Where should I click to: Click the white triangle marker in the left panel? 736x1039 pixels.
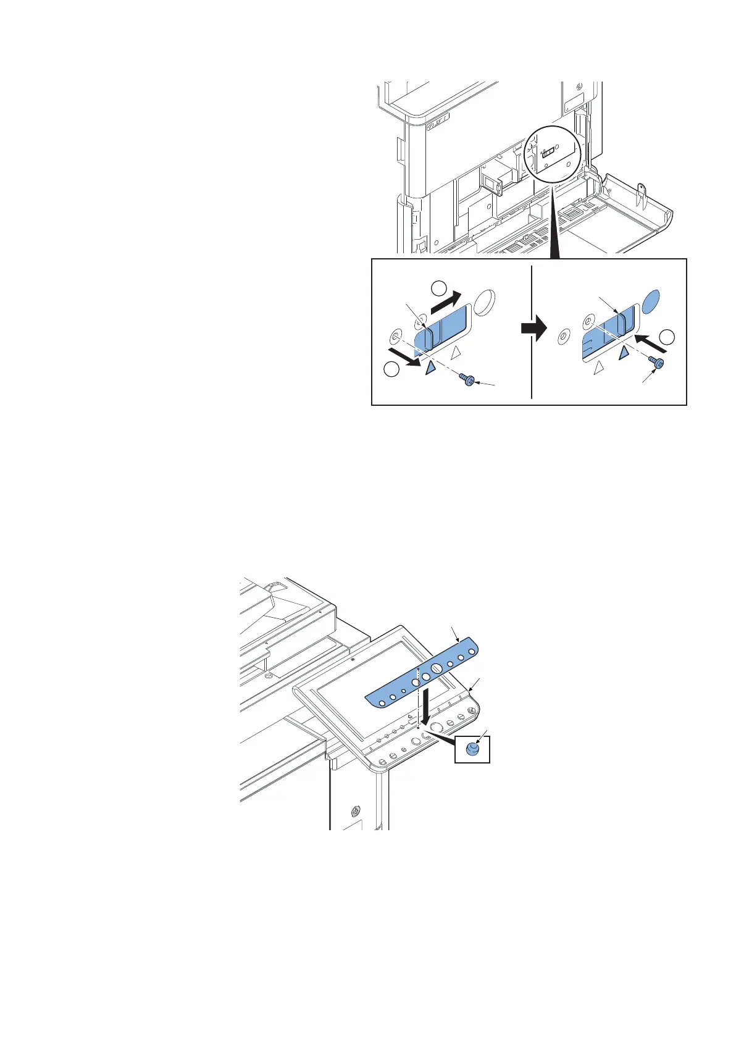[x=456, y=352]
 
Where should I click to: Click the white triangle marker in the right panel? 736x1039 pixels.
[x=597, y=369]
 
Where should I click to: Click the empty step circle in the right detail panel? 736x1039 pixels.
[x=667, y=337]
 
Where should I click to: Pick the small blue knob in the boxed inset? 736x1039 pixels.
[x=472, y=749]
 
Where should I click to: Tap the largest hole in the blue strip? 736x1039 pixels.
[x=435, y=668]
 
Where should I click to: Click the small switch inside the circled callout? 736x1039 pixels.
[x=548, y=155]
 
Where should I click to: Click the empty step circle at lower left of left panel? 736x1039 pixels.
[x=390, y=369]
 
